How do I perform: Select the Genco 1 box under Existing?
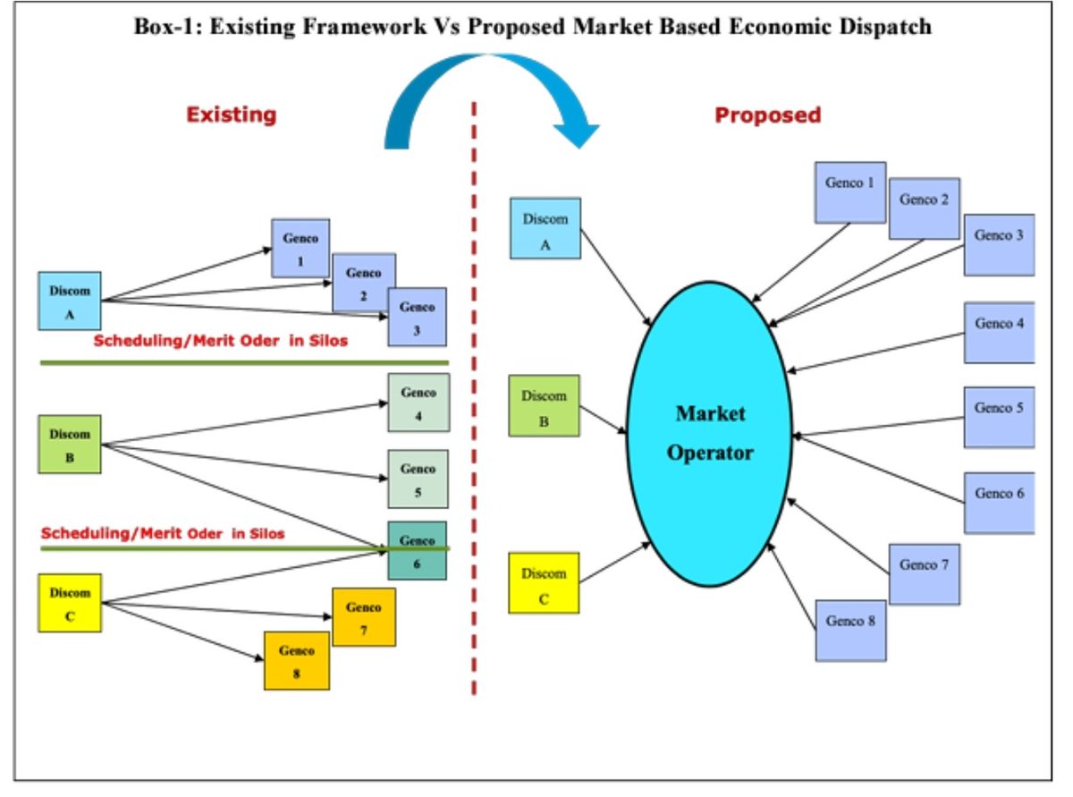pyautogui.click(x=300, y=248)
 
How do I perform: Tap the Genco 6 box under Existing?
pyautogui.click(x=417, y=550)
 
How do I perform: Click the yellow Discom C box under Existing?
pyautogui.click(x=71, y=604)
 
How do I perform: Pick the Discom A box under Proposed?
pyautogui.click(x=545, y=228)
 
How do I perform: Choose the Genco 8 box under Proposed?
pyautogui.click(x=849, y=630)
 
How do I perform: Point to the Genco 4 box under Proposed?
pyautogui.click(x=999, y=332)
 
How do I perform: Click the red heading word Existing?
pyautogui.click(x=232, y=114)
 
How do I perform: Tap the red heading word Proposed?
pyautogui.click(x=767, y=114)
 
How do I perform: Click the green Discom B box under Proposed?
pyautogui.click(x=544, y=405)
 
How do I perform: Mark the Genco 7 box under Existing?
pyautogui.click(x=363, y=617)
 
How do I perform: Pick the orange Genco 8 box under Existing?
pyautogui.click(x=296, y=660)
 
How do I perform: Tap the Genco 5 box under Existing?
pyautogui.click(x=418, y=479)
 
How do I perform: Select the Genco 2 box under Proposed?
pyautogui.click(x=924, y=208)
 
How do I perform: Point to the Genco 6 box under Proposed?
pyautogui.click(x=999, y=503)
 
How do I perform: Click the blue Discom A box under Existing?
pyautogui.click(x=70, y=301)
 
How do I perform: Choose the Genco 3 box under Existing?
pyautogui.click(x=417, y=317)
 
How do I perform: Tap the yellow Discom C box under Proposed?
pyautogui.click(x=544, y=583)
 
